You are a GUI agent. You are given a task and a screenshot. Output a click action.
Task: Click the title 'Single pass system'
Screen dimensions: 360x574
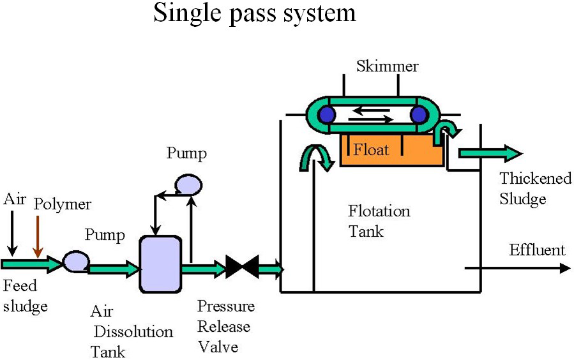click(x=254, y=13)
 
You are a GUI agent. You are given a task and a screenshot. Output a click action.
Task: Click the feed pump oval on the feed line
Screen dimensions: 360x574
click(x=75, y=261)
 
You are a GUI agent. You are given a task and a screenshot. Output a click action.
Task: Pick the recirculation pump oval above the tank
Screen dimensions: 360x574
click(x=188, y=184)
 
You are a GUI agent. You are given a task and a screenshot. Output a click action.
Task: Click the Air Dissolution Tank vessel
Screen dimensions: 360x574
click(x=160, y=264)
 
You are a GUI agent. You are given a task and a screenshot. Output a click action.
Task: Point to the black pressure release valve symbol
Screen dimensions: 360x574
click(x=242, y=267)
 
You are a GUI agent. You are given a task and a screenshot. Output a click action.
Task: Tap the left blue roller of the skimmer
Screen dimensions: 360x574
click(x=328, y=115)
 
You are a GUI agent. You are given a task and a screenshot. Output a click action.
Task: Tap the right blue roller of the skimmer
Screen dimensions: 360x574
click(x=419, y=115)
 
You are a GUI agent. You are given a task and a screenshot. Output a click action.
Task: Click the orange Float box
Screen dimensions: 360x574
click(x=391, y=151)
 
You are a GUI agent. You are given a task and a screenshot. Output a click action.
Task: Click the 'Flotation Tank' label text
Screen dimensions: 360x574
click(x=379, y=221)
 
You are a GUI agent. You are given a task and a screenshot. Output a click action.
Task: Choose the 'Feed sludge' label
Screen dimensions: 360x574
click(x=26, y=297)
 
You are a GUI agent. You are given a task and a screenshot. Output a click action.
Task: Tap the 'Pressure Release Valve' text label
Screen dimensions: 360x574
click(x=225, y=327)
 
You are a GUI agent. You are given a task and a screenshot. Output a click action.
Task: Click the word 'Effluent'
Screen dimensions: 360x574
click(x=537, y=250)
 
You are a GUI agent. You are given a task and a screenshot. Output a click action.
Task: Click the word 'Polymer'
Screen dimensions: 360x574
click(x=63, y=204)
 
